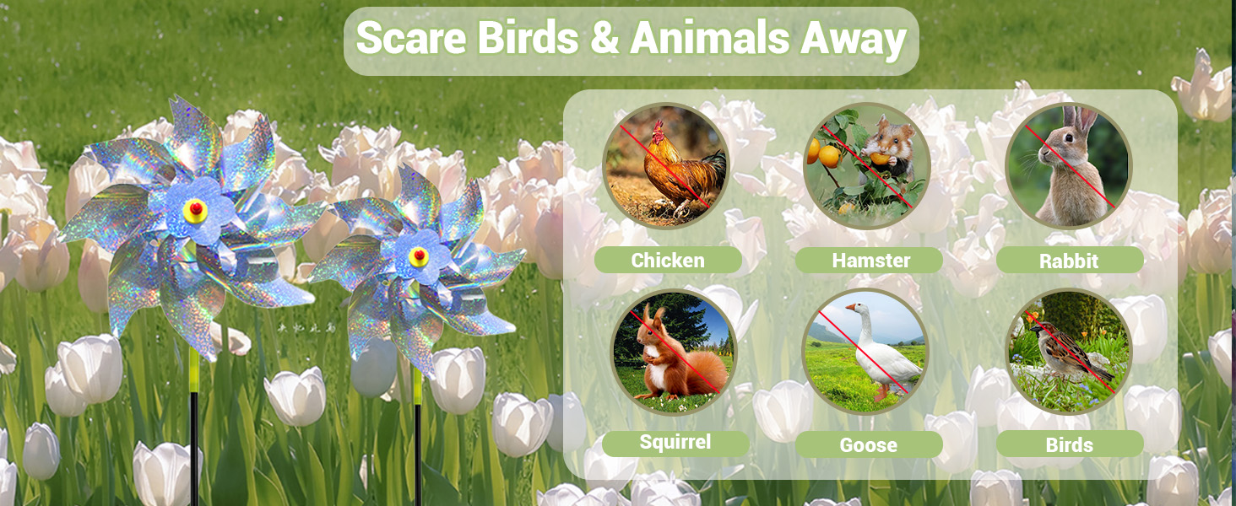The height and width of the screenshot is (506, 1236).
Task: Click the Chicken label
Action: click(668, 260)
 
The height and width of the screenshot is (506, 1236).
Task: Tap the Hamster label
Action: click(870, 260)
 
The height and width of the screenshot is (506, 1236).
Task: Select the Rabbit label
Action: click(1069, 260)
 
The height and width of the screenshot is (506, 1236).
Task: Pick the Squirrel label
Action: click(675, 442)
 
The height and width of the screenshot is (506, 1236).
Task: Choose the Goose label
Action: click(869, 444)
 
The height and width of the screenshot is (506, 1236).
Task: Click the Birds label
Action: click(1070, 444)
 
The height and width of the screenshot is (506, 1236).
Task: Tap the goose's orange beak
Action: click(851, 307)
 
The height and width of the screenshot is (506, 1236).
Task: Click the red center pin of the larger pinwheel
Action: click(195, 207)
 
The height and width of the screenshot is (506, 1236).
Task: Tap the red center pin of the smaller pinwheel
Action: click(419, 255)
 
